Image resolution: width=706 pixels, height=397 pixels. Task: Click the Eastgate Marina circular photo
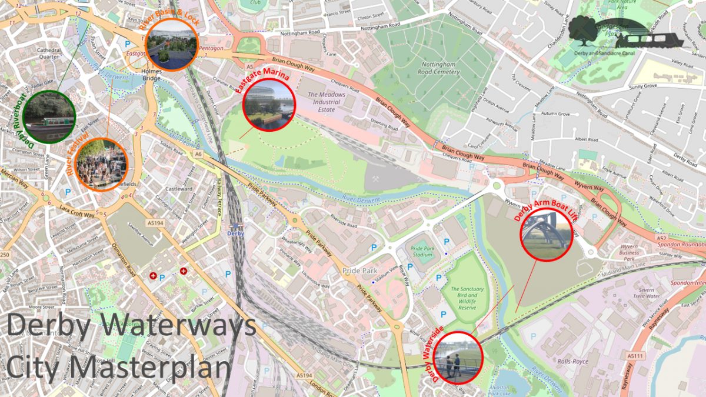point(269,105)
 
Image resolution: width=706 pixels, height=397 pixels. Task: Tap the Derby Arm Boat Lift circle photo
point(547,233)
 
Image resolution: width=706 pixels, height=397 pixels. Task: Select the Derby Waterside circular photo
point(458,358)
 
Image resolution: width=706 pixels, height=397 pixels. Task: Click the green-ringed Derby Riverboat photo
point(49,116)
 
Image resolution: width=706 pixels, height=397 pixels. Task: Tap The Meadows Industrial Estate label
point(327,102)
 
